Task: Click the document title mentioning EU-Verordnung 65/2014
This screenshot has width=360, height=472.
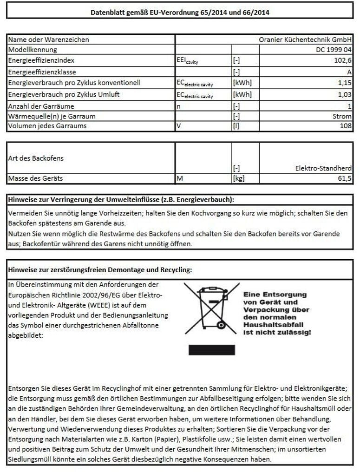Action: click(x=180, y=13)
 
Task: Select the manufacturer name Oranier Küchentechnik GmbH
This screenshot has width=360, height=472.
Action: click(x=305, y=40)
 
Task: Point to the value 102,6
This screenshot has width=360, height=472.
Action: click(x=343, y=61)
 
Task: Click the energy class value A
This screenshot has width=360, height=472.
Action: click(x=349, y=72)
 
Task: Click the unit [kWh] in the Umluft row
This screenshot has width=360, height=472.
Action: click(x=242, y=95)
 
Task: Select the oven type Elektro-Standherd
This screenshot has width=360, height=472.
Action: click(x=323, y=168)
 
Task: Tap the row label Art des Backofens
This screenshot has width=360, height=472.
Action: click(x=36, y=158)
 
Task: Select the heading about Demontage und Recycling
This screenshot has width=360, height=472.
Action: click(x=100, y=269)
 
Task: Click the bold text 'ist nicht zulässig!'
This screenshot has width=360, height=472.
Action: click(x=277, y=333)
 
